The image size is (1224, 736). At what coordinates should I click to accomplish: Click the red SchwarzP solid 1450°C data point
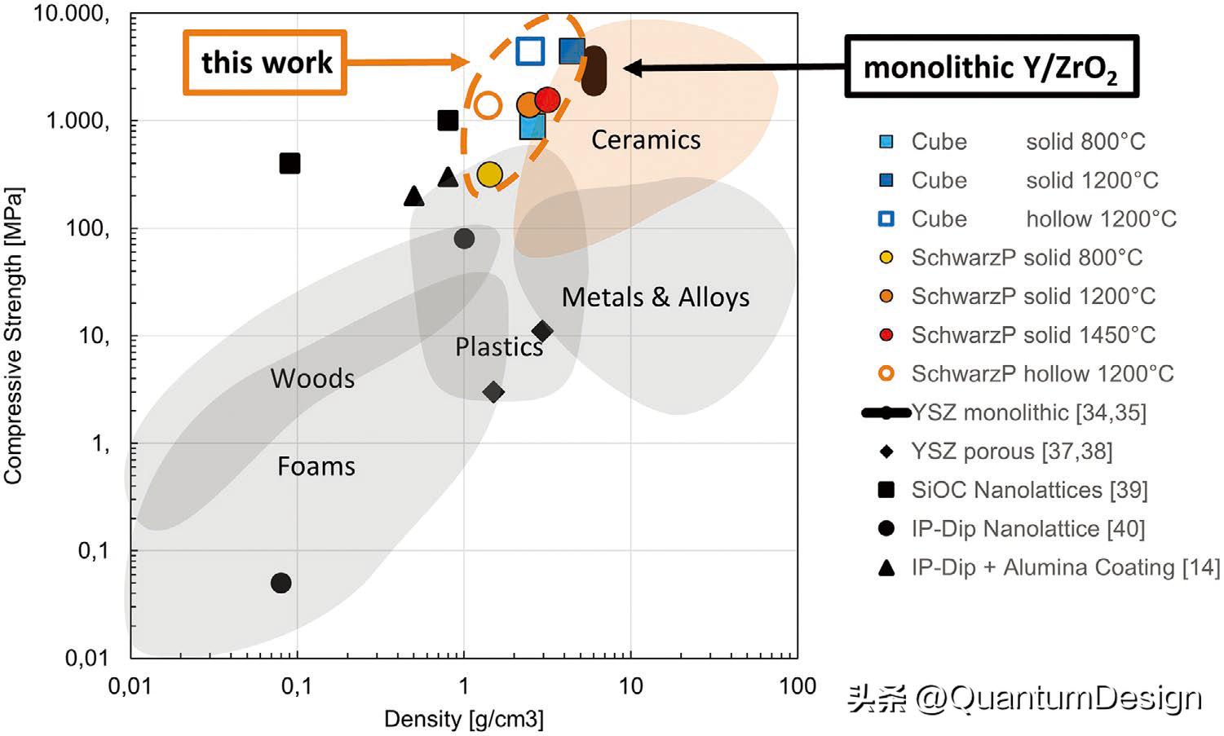pos(548,99)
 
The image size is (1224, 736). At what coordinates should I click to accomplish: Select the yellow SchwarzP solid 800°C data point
pos(489,174)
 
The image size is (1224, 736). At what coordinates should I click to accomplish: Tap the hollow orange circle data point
pos(488,104)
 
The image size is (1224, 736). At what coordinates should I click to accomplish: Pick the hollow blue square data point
pos(530,51)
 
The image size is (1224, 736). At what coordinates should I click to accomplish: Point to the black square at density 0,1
pos(289,164)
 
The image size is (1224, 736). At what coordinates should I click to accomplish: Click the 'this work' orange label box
pos(265,63)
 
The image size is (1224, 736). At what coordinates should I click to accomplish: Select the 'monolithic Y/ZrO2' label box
pos(990,67)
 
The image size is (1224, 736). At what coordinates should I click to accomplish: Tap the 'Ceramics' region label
pos(645,139)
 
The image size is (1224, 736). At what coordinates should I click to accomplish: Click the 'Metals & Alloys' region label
pos(655,297)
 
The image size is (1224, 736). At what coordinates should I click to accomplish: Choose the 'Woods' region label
pos(312,378)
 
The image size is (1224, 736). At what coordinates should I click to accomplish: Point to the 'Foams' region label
pos(316,466)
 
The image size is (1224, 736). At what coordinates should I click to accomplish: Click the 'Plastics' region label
pos(498,347)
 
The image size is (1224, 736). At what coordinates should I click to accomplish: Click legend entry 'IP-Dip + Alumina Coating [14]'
pos(1065,567)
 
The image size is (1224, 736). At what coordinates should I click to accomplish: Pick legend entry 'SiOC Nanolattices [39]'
pos(1029,490)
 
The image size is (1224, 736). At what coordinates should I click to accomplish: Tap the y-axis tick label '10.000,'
pos(71,14)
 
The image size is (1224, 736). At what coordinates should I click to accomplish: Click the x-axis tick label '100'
pos(797,686)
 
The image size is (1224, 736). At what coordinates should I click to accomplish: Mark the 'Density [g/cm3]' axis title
pos(463,719)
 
